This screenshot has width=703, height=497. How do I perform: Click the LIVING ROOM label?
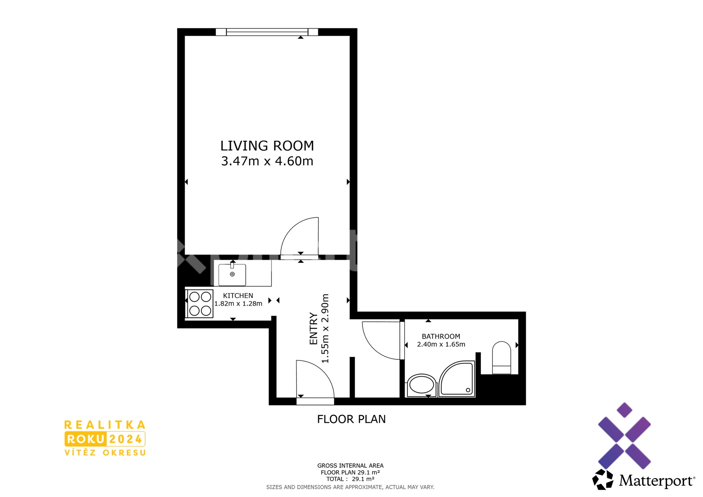(x=267, y=146)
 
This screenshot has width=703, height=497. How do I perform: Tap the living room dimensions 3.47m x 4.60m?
(x=267, y=161)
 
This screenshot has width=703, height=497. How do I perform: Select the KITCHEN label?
(x=238, y=295)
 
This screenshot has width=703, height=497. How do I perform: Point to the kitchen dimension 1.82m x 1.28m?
(x=238, y=303)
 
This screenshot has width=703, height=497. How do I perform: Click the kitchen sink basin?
(x=232, y=274)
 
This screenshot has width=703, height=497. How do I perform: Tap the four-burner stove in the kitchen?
(x=200, y=303)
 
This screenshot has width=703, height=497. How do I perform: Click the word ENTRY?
(x=313, y=328)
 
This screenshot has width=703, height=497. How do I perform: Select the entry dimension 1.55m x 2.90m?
(x=325, y=328)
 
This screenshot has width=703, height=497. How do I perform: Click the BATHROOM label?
(x=441, y=336)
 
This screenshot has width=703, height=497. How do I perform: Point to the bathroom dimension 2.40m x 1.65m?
(x=441, y=344)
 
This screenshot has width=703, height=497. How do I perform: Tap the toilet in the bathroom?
(x=502, y=358)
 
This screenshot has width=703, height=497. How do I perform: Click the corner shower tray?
(x=457, y=378)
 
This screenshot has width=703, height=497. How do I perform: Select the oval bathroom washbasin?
(x=422, y=385)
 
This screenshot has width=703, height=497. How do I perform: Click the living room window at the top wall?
(x=267, y=32)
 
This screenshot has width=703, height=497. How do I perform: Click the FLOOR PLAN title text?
(x=351, y=419)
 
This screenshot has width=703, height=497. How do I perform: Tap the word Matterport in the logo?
(x=656, y=481)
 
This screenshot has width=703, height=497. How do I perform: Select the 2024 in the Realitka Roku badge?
(x=126, y=439)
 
